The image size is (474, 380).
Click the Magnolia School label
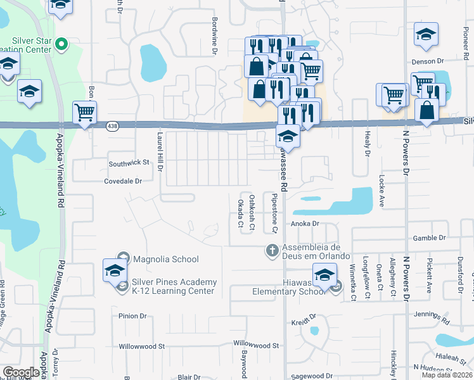point(166,259)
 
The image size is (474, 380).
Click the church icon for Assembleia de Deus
point(272,251)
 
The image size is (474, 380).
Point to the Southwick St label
point(129,163)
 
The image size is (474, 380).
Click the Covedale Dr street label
point(123,181)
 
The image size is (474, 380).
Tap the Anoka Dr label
point(304,224)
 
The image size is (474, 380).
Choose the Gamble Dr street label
point(429,238)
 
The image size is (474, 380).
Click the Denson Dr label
point(429,61)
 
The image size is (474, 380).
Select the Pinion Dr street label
point(132,315)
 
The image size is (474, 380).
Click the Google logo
point(21,372)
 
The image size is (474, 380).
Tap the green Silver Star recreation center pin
point(61,44)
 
